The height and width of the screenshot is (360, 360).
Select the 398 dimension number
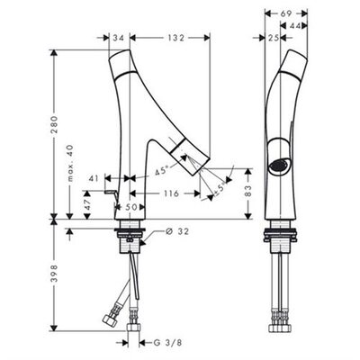point(54,273)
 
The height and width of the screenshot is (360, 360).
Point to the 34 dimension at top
point(118,38)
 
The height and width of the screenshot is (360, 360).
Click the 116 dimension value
point(171,193)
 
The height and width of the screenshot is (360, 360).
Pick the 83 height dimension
point(247,191)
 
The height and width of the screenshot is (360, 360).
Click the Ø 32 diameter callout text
point(177,231)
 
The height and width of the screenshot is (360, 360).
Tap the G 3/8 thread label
point(167,343)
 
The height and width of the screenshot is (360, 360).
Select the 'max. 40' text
point(70,164)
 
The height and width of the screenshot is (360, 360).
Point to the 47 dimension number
point(87,204)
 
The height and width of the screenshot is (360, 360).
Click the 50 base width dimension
point(130,207)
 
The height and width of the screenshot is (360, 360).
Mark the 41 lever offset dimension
point(94,178)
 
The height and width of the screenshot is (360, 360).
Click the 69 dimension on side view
point(286,13)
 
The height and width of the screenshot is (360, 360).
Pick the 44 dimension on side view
point(295,26)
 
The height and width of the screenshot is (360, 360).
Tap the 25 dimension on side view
point(273,38)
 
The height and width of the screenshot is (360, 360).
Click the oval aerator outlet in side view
point(280,166)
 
